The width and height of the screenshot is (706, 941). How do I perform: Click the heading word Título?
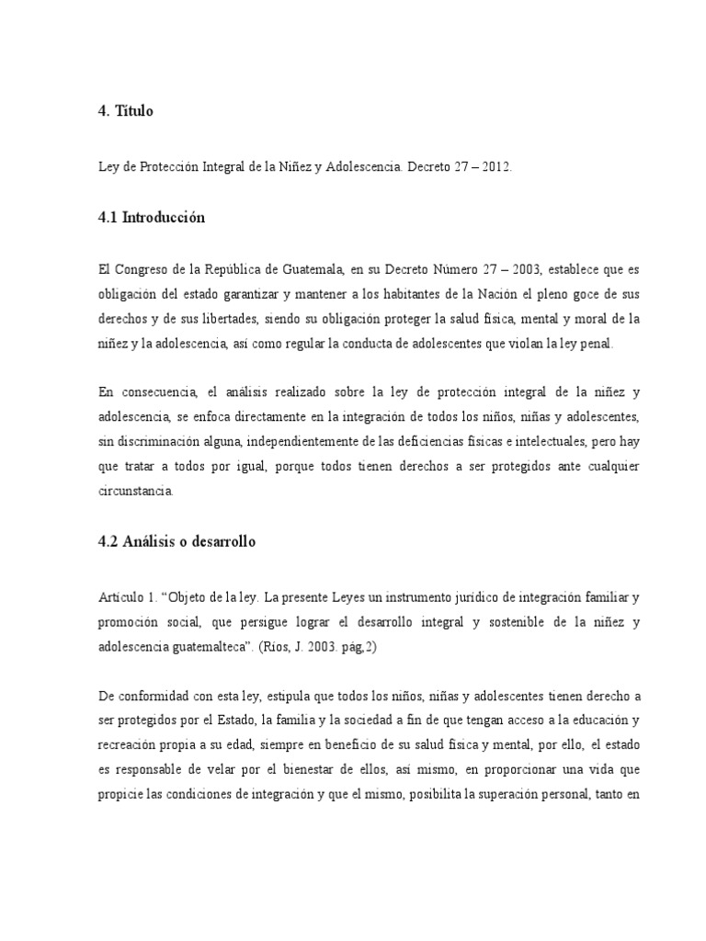(134, 112)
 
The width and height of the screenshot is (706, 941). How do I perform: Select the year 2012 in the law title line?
(471, 168)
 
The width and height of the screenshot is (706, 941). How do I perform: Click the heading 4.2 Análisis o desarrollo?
(176, 542)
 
